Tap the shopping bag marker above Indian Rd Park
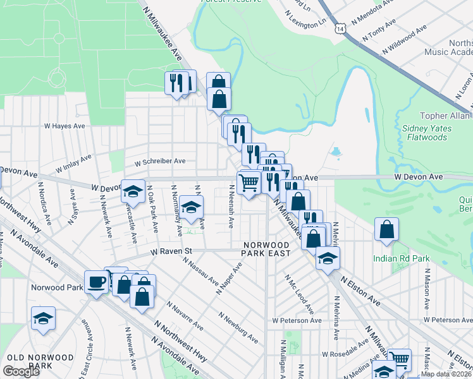[386, 230]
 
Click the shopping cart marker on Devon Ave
[249, 183]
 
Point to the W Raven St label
[171, 251]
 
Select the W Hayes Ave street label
[64, 126]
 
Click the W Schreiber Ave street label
[159, 161]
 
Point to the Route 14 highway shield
[341, 29]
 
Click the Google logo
[21, 371]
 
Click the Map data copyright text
[446, 374]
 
